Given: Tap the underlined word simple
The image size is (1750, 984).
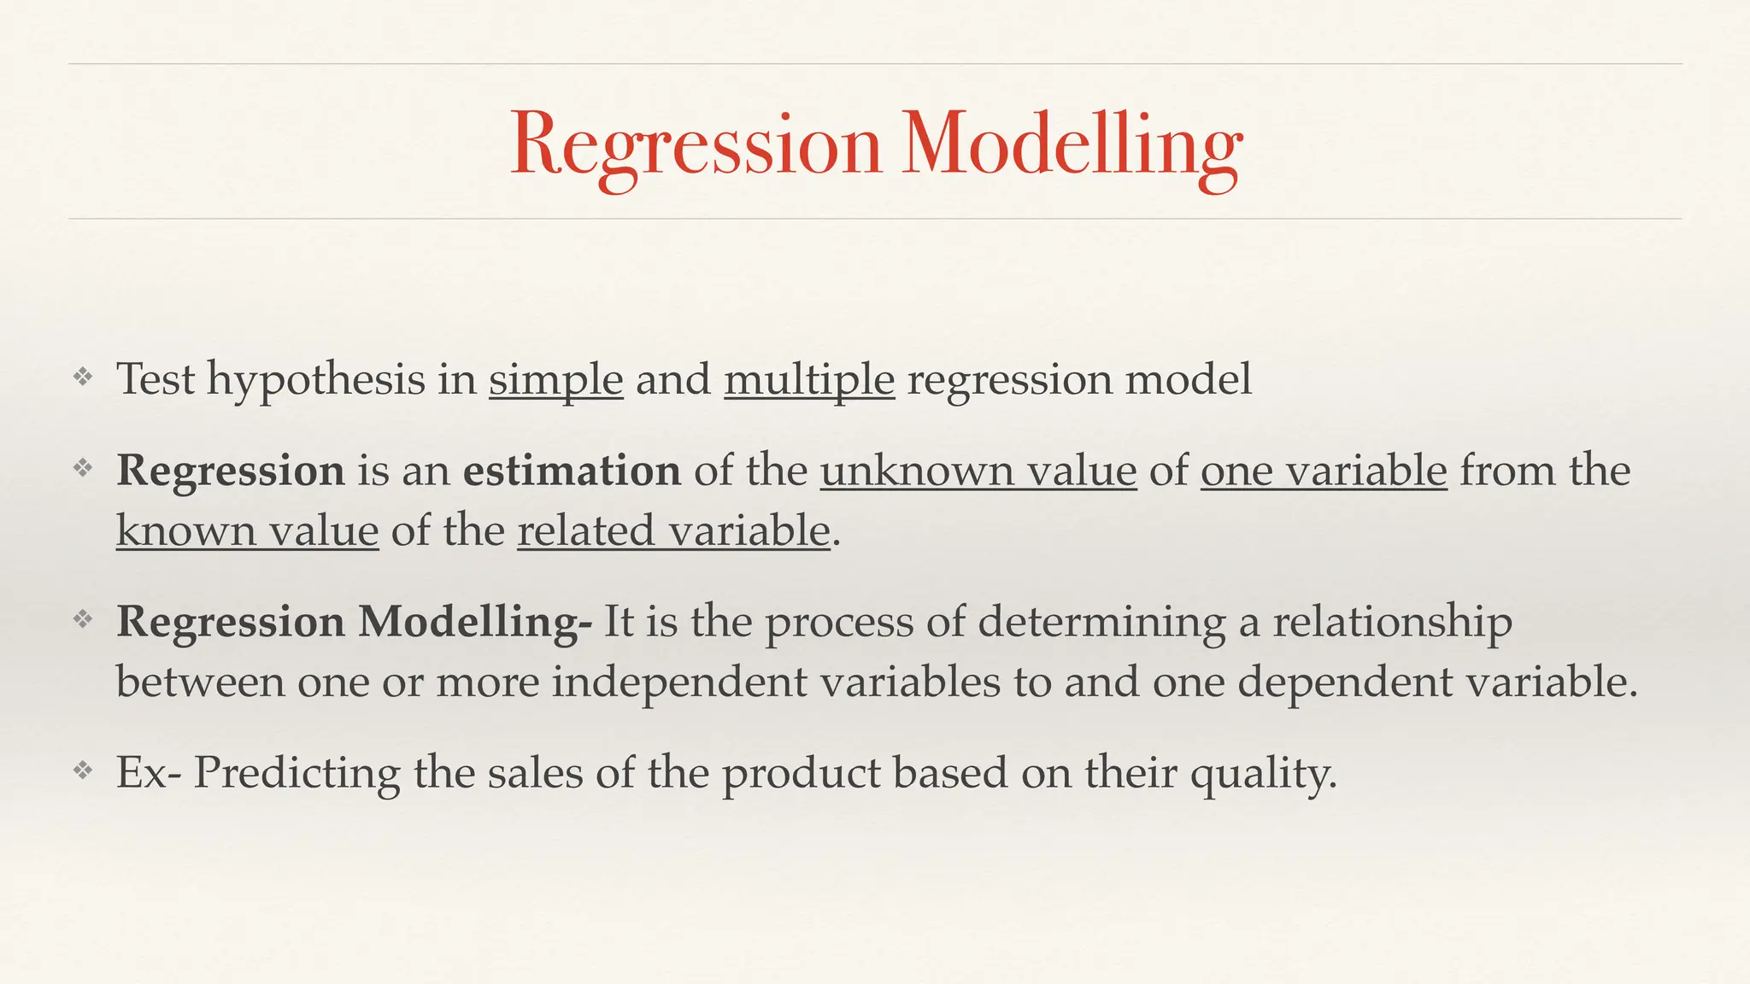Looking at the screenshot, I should (555, 378).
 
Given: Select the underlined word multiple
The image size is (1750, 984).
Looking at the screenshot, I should (809, 378).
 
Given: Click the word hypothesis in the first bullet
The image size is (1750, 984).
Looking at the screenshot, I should (315, 380).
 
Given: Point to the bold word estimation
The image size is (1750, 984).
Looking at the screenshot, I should (572, 471).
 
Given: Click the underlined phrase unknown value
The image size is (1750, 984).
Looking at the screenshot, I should (978, 471).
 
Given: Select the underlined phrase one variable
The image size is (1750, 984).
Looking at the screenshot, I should (1324, 471).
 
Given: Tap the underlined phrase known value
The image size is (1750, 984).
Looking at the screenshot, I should (247, 530).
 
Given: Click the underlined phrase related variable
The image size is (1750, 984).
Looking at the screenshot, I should (673, 530).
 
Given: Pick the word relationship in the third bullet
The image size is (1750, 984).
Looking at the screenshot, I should (1392, 622).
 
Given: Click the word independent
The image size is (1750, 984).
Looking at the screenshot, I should (678, 682).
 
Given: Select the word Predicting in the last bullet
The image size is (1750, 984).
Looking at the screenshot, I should (297, 774).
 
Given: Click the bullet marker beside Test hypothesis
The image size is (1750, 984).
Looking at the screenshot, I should (82, 377).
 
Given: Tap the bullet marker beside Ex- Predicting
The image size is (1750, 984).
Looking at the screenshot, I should (82, 771).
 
